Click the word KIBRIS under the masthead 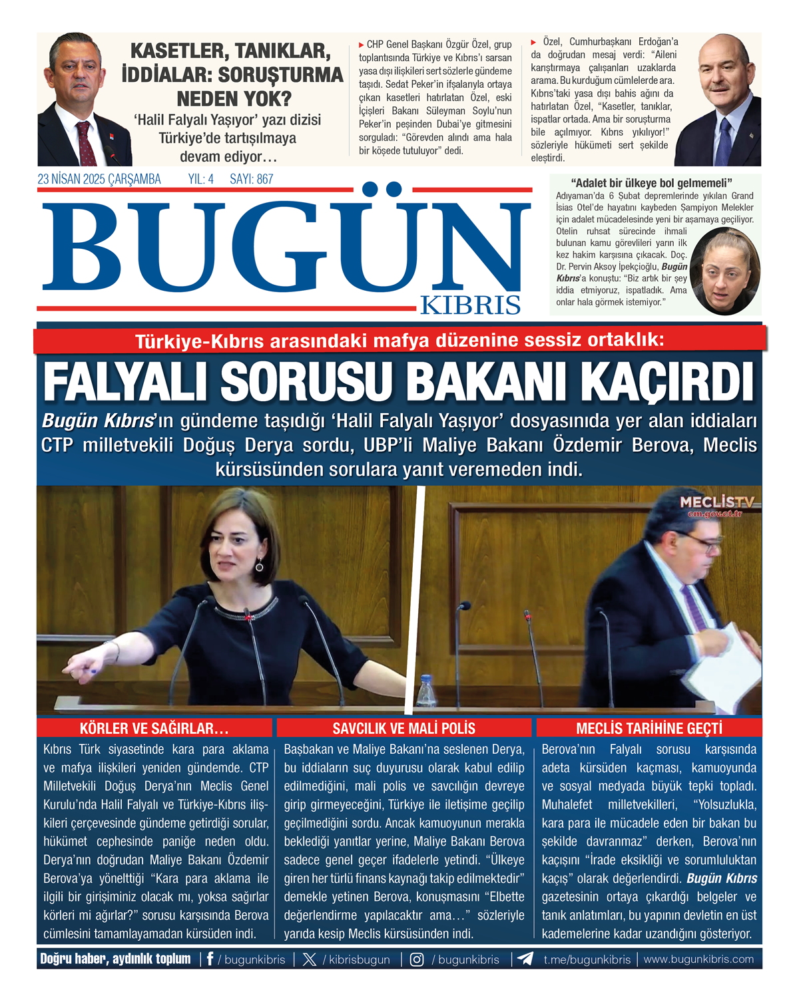pos(470,305)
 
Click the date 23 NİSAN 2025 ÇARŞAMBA pos(99,179)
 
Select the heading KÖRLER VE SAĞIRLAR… pos(154,728)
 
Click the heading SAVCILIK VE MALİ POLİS pos(403,728)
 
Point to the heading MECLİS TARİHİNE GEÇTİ pos(649,728)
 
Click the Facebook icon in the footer pos(210,959)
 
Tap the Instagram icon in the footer pos(417,959)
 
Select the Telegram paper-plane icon pos(525,959)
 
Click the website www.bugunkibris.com pos(698,959)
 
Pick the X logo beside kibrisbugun pos(310,959)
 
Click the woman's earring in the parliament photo pos(259,566)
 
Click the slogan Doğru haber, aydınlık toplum pos(115,959)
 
